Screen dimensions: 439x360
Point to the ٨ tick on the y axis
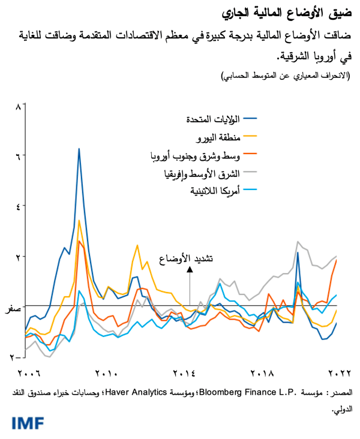[18, 107]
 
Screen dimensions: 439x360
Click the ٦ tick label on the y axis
[18, 157]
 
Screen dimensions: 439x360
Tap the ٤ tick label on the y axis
[18, 206]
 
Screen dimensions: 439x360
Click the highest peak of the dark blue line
[79, 149]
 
